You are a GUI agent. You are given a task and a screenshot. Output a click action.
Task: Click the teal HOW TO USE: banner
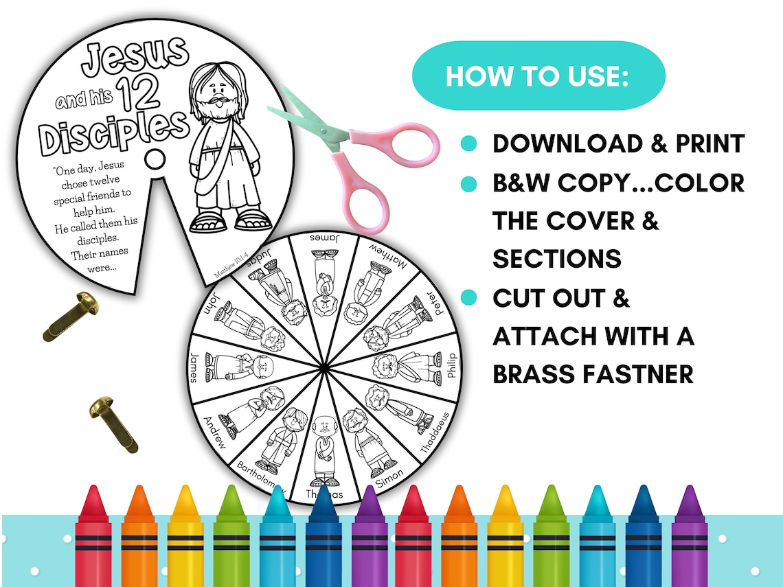pos(538,76)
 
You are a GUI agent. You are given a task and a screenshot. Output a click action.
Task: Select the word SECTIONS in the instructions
pos(557,259)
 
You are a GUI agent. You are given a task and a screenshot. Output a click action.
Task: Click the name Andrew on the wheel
pos(214,430)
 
